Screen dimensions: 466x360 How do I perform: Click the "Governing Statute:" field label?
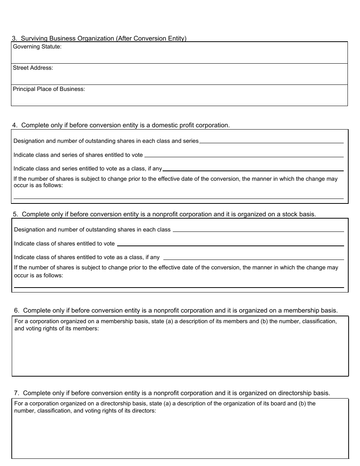tap(37, 47)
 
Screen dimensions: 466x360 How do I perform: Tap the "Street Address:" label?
tap(33, 68)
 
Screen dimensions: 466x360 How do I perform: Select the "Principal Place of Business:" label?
tap(49, 89)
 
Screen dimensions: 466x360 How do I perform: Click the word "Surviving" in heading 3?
tap(33, 38)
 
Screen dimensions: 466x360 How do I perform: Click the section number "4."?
tap(15, 125)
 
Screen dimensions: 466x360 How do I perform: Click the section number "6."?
tap(17, 310)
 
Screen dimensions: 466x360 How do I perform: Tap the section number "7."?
tap(17, 393)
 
